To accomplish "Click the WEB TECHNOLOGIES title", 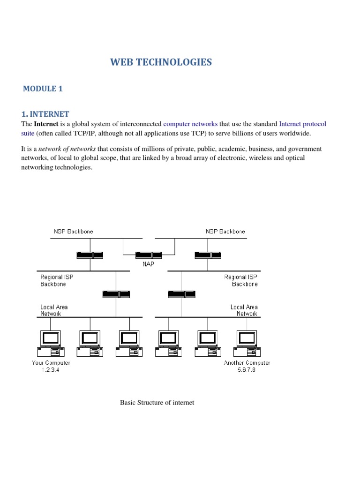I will click(161, 62).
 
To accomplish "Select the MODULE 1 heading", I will click(43, 89).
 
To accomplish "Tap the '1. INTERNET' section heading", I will click(45, 114).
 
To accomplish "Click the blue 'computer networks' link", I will click(190, 124).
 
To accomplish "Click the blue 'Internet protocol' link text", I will click(302, 124).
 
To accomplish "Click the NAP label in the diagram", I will click(149, 264).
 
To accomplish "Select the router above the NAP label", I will click(149, 255).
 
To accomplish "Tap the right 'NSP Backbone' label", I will click(225, 232).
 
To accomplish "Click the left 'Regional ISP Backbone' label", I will click(57, 280).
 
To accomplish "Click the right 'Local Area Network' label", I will click(244, 310).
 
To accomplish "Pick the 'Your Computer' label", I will click(51, 363).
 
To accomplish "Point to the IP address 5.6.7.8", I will click(246, 369).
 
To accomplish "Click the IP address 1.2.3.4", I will click(51, 369).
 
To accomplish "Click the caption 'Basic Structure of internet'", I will click(157, 403).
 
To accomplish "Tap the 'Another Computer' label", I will click(247, 363).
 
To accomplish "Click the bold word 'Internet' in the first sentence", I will click(46, 124).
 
